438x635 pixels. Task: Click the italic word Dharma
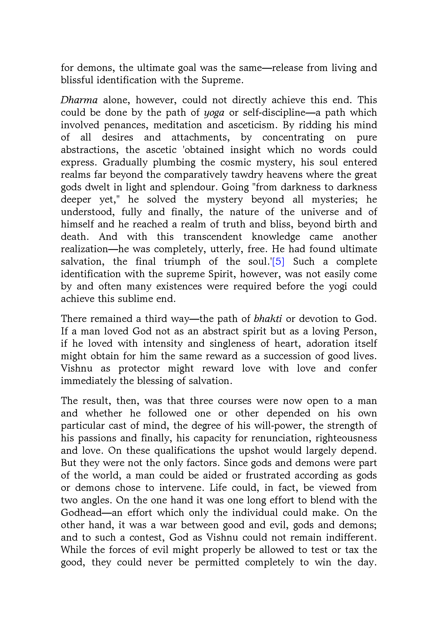[x=79, y=100]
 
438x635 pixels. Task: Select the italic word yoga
[x=214, y=113]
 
